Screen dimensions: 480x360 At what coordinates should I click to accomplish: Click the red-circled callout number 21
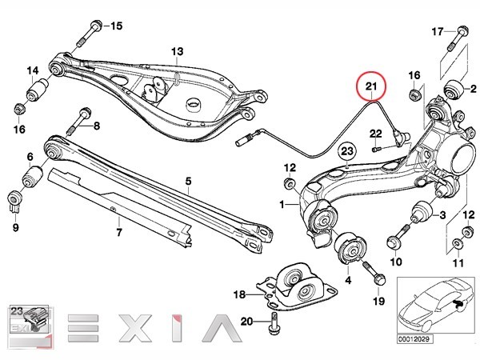(371, 86)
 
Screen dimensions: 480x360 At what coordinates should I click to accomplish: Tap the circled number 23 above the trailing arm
(347, 151)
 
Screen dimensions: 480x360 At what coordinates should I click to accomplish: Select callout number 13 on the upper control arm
(177, 51)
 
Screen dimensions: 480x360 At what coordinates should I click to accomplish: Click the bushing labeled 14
(38, 90)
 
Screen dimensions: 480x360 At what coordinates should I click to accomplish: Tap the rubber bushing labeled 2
(454, 90)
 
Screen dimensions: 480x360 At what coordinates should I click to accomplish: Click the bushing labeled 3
(421, 212)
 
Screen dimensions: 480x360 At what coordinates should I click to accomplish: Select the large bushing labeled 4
(350, 248)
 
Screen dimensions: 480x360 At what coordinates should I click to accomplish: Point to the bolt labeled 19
(373, 273)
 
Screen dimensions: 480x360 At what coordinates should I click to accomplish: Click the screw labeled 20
(273, 323)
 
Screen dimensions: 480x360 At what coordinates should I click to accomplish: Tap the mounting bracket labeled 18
(297, 286)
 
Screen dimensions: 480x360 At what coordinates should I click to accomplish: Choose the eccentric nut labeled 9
(14, 202)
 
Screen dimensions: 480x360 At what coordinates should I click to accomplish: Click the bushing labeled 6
(33, 177)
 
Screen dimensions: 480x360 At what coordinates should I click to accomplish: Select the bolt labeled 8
(79, 122)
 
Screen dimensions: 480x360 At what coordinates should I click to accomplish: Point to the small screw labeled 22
(376, 149)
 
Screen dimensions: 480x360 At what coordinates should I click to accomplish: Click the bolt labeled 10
(397, 236)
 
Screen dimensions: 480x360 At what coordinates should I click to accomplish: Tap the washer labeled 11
(458, 243)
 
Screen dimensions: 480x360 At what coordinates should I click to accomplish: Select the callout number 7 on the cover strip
(119, 232)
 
